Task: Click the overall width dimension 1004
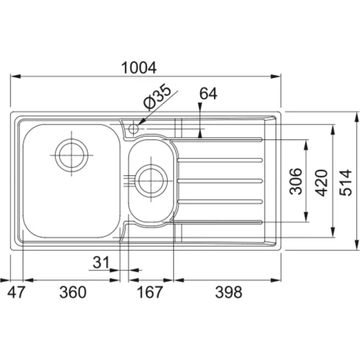click(x=139, y=68)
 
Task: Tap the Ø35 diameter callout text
click(x=157, y=96)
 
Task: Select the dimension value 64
click(x=208, y=94)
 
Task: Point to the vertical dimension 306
click(x=295, y=181)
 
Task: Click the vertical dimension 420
click(x=321, y=183)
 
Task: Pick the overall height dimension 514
click(x=346, y=183)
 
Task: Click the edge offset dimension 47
click(x=16, y=292)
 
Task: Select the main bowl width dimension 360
click(x=73, y=292)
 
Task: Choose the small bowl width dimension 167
click(x=149, y=292)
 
